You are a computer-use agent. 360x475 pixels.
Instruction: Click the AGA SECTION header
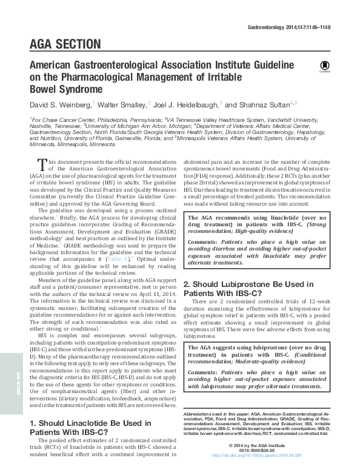click(65, 44)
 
